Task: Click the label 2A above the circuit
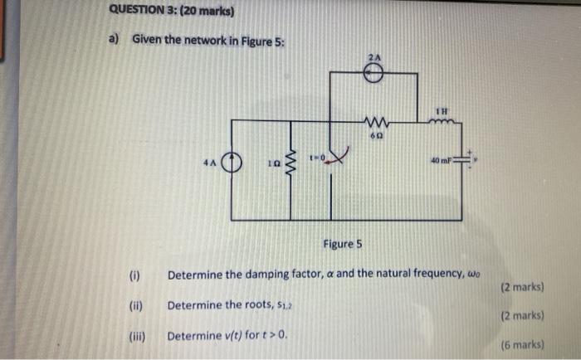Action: [374, 56]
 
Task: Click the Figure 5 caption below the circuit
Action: [343, 244]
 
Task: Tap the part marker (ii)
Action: [135, 305]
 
